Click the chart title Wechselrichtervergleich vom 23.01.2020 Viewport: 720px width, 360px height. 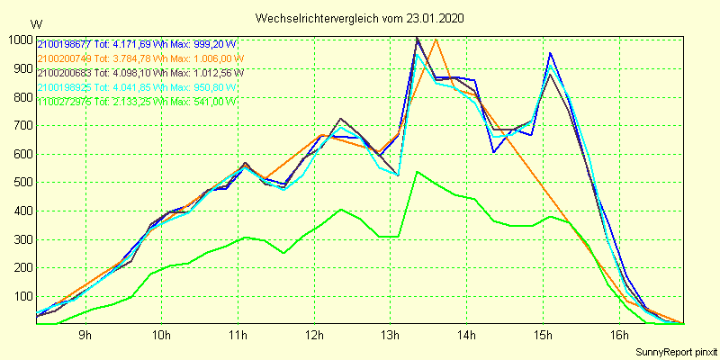[360, 18]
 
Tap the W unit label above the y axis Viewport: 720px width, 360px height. [35, 23]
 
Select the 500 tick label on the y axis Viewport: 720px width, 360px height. [22, 183]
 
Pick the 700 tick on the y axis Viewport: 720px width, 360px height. [22, 125]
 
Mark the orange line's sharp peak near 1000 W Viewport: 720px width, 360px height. [436, 40]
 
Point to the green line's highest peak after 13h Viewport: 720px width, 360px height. [417, 171]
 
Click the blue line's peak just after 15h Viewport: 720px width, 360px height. [550, 53]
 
